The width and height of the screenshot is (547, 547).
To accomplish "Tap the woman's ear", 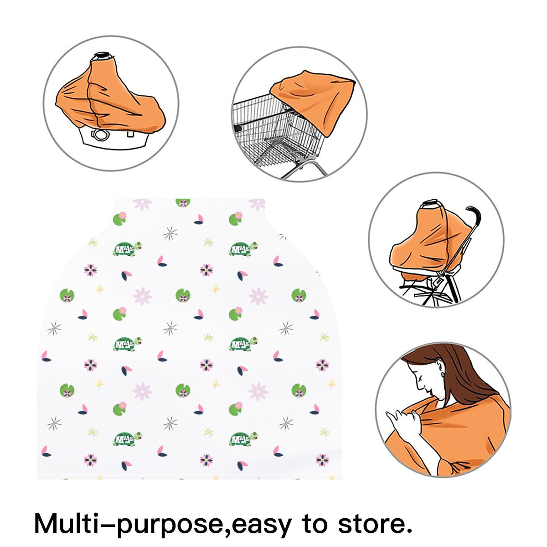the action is (440, 368).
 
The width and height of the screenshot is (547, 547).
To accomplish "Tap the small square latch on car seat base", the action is (130, 134).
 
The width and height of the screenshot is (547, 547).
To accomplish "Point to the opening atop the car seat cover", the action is (103, 55).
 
